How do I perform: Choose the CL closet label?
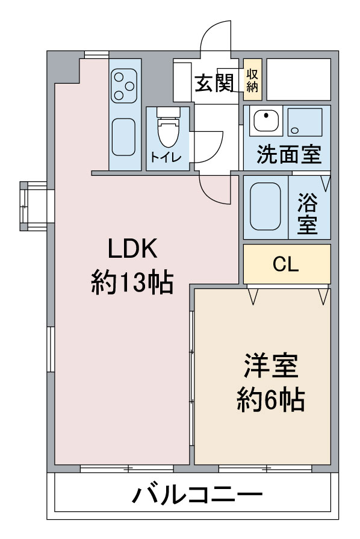286,264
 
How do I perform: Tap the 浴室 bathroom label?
308,214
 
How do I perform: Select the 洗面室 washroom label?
288,155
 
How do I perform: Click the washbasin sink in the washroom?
264,122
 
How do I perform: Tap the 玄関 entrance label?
213,83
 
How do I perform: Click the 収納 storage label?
252,79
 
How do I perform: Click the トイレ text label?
163,158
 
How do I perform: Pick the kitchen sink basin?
125,137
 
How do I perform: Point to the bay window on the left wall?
33,205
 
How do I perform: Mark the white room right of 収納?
299,79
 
